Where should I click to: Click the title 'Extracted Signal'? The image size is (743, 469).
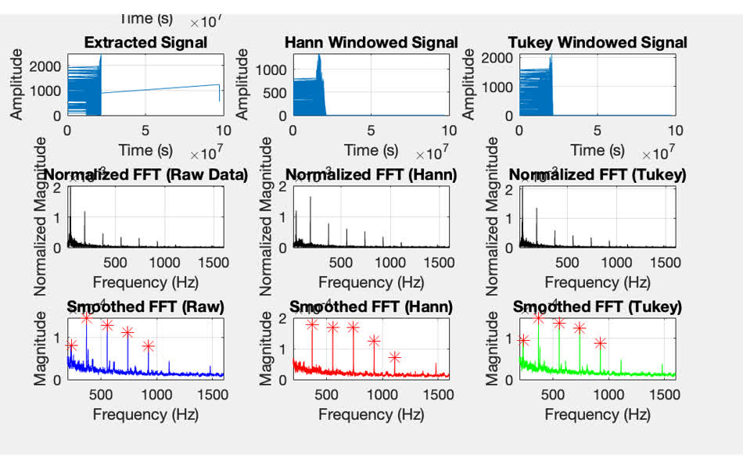pyautogui.click(x=145, y=42)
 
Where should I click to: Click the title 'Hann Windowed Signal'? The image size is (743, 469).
pyautogui.click(x=371, y=42)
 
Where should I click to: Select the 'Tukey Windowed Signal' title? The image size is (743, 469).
pyautogui.click(x=598, y=42)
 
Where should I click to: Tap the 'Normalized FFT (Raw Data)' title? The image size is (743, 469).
pyautogui.click(x=145, y=174)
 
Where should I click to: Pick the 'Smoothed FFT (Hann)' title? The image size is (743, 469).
pyautogui.click(x=371, y=307)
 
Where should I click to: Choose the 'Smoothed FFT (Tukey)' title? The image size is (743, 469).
pyautogui.click(x=597, y=307)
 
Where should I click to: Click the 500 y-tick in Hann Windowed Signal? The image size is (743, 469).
pyautogui.click(x=275, y=93)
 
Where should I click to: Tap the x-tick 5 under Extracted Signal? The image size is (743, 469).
pyautogui.click(x=145, y=131)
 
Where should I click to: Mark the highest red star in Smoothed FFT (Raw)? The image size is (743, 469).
pyautogui.click(x=86, y=318)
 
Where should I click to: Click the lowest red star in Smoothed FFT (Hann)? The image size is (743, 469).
pyautogui.click(x=395, y=358)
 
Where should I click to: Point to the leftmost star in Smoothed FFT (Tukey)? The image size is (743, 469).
pyautogui.click(x=523, y=340)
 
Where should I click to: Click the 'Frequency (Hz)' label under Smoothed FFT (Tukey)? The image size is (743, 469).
pyautogui.click(x=597, y=414)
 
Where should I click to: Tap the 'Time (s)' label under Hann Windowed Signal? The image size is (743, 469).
pyautogui.click(x=371, y=149)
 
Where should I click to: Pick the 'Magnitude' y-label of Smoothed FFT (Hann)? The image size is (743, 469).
pyautogui.click(x=266, y=348)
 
